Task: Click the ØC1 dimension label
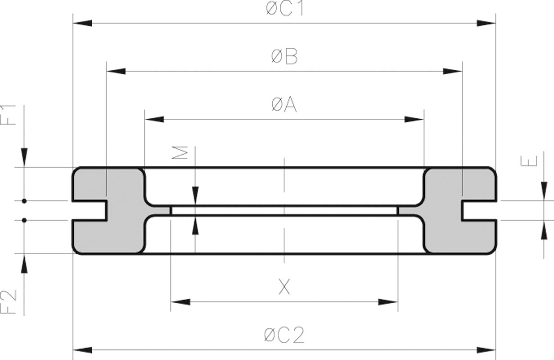pos(284,9)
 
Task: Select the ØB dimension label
pos(284,57)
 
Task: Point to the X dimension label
pos(284,287)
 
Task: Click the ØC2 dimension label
pos(284,335)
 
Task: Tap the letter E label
pos(531,161)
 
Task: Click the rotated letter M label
pos(180,153)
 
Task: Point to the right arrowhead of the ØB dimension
pos(453,71)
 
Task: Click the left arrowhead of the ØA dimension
pos(154,119)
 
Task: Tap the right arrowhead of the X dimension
pos(388,301)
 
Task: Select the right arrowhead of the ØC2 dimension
pos(486,350)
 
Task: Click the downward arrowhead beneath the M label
pos(195,195)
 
